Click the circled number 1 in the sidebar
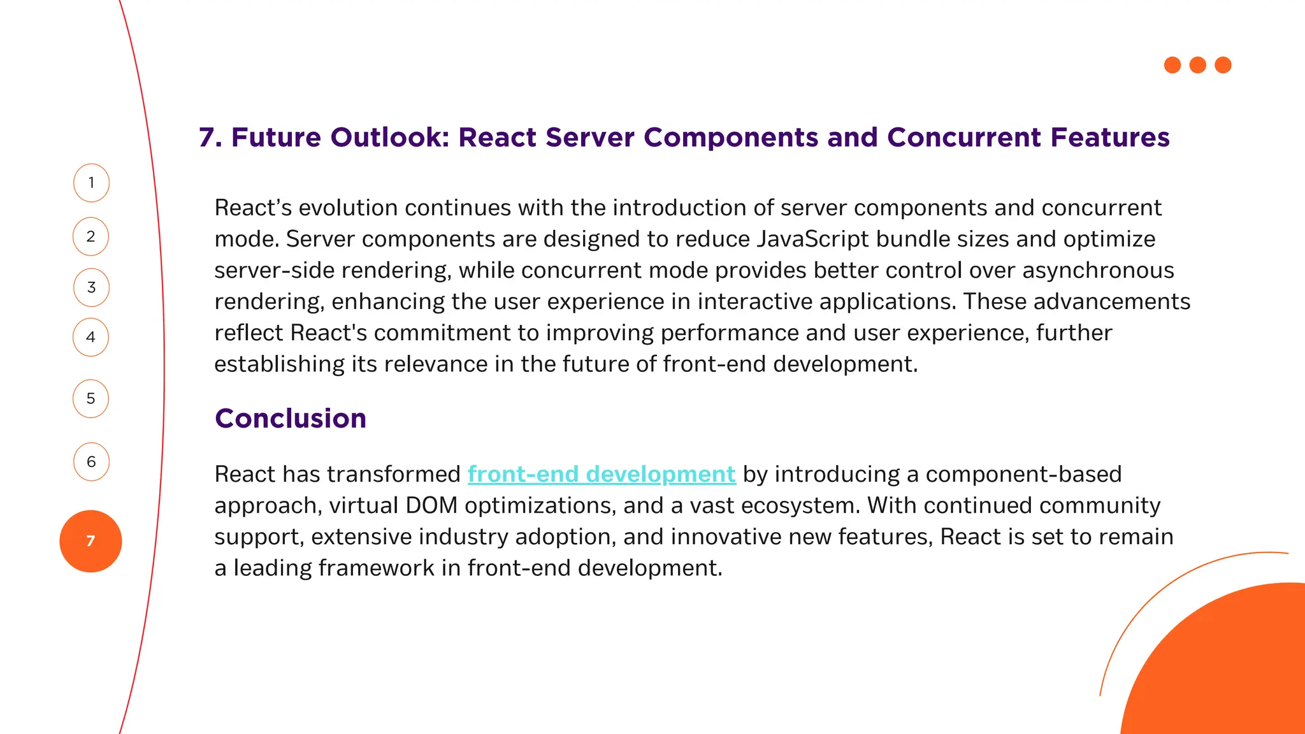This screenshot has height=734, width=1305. (x=91, y=183)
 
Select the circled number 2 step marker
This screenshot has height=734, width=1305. (x=91, y=236)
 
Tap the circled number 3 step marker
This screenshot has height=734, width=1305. (x=91, y=287)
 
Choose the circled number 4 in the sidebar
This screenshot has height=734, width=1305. (x=91, y=337)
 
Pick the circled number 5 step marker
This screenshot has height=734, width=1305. (x=91, y=399)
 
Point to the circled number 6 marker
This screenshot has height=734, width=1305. (x=91, y=461)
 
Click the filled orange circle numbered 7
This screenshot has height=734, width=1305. (x=90, y=541)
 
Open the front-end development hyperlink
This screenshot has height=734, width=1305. (x=602, y=474)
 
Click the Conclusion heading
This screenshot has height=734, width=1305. (x=291, y=419)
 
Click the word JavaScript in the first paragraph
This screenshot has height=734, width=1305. (x=812, y=239)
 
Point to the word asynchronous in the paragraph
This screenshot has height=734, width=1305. (x=1098, y=270)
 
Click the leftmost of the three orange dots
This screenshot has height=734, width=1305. (x=1172, y=65)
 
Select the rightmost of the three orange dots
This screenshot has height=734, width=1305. (x=1223, y=65)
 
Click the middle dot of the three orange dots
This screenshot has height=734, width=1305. (x=1198, y=65)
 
